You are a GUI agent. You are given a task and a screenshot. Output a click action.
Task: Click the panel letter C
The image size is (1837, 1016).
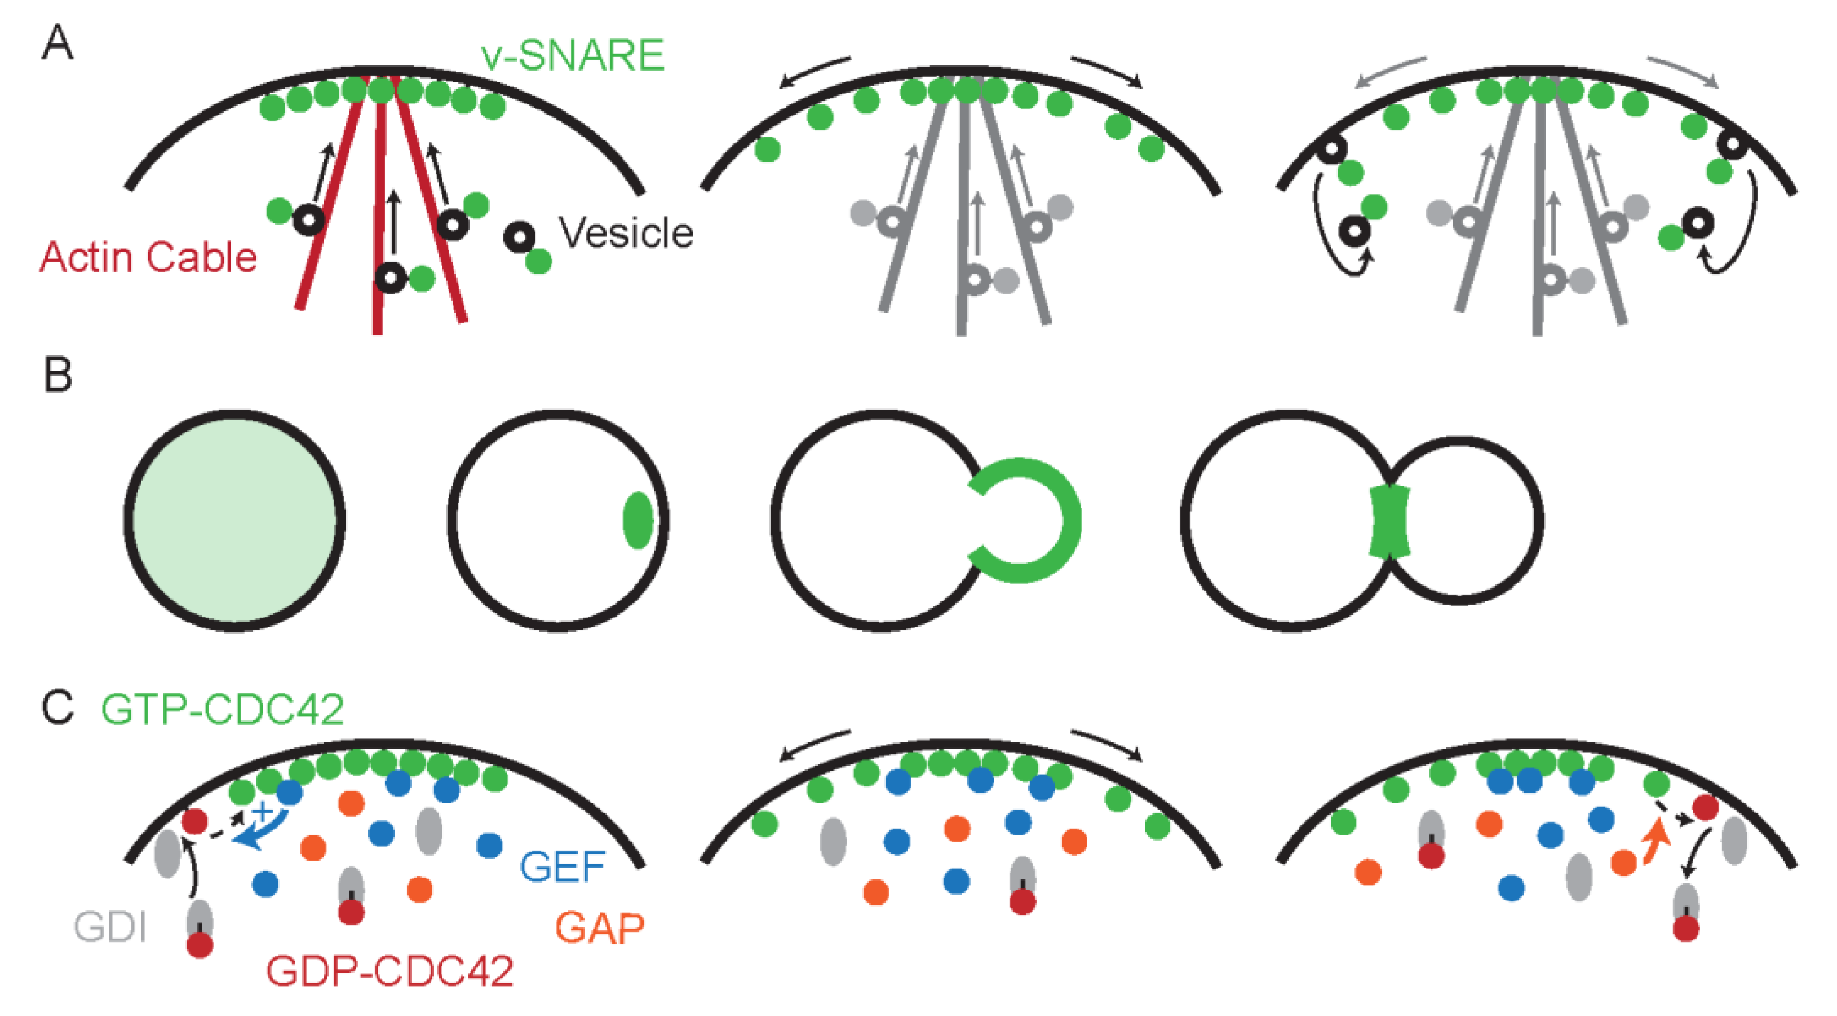(57, 708)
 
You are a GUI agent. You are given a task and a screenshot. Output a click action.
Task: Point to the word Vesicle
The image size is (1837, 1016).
(626, 232)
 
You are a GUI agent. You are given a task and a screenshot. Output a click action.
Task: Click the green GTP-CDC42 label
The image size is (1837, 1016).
(223, 709)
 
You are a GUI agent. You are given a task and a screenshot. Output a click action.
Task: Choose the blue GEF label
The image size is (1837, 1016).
(562, 867)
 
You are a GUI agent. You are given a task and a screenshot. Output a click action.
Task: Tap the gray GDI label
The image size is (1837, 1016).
(110, 927)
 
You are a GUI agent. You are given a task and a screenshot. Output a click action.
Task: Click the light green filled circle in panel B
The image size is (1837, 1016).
(234, 520)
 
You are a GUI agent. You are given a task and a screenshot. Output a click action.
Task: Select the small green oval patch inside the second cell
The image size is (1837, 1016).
(638, 520)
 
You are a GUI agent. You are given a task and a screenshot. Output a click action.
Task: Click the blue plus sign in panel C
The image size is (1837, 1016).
(263, 811)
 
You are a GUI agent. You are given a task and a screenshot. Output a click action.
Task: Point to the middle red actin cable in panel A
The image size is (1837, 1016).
(379, 214)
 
